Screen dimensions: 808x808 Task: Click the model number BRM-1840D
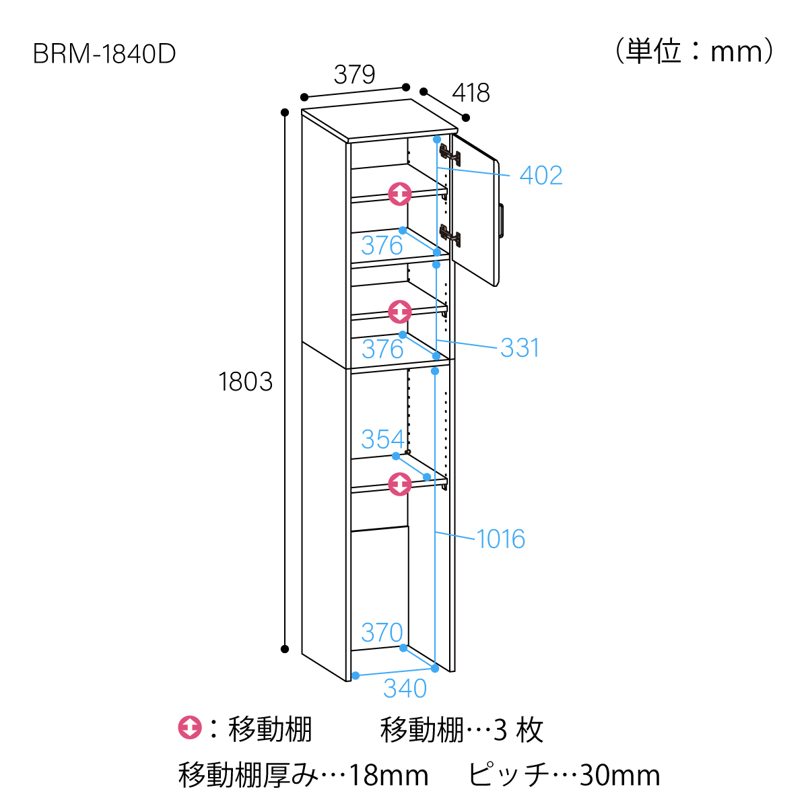pyautogui.click(x=104, y=54)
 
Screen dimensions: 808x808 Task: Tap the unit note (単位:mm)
pyautogui.click(x=694, y=51)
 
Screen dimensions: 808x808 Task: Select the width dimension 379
pyautogui.click(x=354, y=75)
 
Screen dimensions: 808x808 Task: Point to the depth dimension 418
pyautogui.click(x=471, y=93)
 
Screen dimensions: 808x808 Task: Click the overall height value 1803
pyautogui.click(x=246, y=382)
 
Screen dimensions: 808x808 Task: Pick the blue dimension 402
pyautogui.click(x=541, y=176)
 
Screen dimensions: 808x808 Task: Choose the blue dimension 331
pyautogui.click(x=520, y=348)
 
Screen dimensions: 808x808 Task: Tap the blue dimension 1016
pyautogui.click(x=500, y=539)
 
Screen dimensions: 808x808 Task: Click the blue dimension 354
pyautogui.click(x=382, y=440)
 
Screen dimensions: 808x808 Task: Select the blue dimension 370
pyautogui.click(x=382, y=633)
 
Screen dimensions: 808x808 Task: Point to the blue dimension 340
pyautogui.click(x=405, y=689)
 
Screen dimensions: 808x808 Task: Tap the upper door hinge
pyautogui.click(x=450, y=156)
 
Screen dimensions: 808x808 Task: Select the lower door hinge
pyautogui.click(x=450, y=235)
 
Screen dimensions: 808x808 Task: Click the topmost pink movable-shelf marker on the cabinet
pyautogui.click(x=400, y=194)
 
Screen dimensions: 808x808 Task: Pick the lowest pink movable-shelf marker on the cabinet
pyautogui.click(x=400, y=483)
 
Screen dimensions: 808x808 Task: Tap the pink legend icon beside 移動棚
pyautogui.click(x=190, y=729)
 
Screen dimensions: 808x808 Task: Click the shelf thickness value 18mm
pyautogui.click(x=389, y=776)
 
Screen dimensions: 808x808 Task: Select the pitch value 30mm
pyautogui.click(x=619, y=776)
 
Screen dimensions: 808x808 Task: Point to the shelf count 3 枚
pyautogui.click(x=518, y=730)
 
